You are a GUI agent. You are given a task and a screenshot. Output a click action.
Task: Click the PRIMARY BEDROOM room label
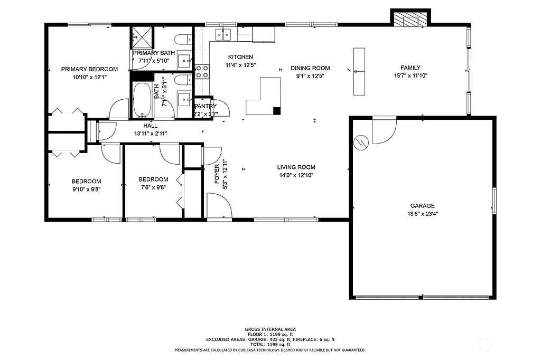point(89,69)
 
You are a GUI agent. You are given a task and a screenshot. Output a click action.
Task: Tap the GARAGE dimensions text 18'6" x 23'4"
point(422,214)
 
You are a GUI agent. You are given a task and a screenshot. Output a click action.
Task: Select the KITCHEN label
point(240,57)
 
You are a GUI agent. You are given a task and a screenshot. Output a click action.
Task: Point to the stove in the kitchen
point(202,72)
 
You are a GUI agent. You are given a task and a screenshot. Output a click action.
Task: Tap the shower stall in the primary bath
point(142,37)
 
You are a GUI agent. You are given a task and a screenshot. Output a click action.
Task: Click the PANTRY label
point(206,106)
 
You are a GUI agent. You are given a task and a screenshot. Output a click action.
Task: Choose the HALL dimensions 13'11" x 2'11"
point(151,134)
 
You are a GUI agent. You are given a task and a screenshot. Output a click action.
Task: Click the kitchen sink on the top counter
point(223,34)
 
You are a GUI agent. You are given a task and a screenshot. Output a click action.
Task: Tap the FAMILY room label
point(411,68)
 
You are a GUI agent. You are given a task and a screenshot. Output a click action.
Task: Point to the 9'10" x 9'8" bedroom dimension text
point(86,190)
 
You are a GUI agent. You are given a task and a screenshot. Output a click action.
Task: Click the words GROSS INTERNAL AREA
point(270,328)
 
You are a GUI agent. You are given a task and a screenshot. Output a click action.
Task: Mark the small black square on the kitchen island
point(276,110)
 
